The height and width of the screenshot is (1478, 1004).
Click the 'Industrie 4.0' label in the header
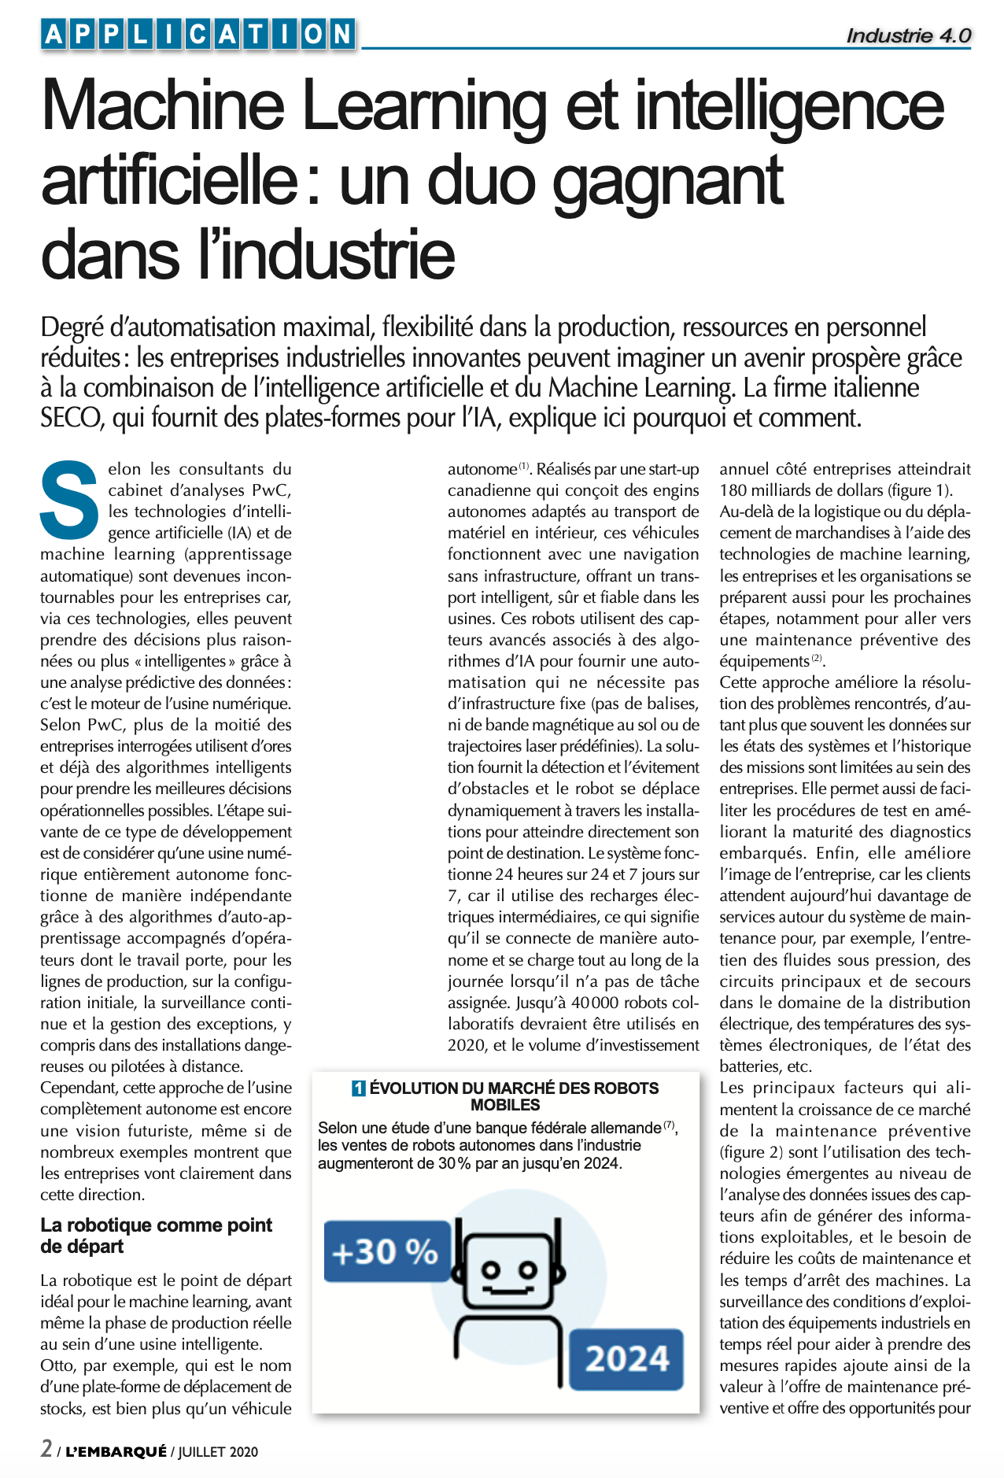tap(908, 35)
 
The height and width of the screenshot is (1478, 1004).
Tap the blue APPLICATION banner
tap(198, 35)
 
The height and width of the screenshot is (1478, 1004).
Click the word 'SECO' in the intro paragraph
tap(70, 417)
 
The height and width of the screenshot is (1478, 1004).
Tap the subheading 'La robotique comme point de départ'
tap(156, 1235)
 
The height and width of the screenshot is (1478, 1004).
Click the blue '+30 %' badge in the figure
tap(386, 1251)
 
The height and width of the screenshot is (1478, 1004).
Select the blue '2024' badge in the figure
tap(626, 1359)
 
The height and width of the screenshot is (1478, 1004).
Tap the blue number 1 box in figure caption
tap(359, 1088)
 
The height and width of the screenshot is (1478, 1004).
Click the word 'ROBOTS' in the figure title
tap(622, 1088)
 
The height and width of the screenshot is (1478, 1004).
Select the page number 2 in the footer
tap(46, 1448)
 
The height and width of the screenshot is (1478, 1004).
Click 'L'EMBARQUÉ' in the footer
tap(116, 1451)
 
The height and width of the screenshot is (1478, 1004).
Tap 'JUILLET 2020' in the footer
tap(218, 1451)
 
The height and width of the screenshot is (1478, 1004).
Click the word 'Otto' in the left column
tap(56, 1365)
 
